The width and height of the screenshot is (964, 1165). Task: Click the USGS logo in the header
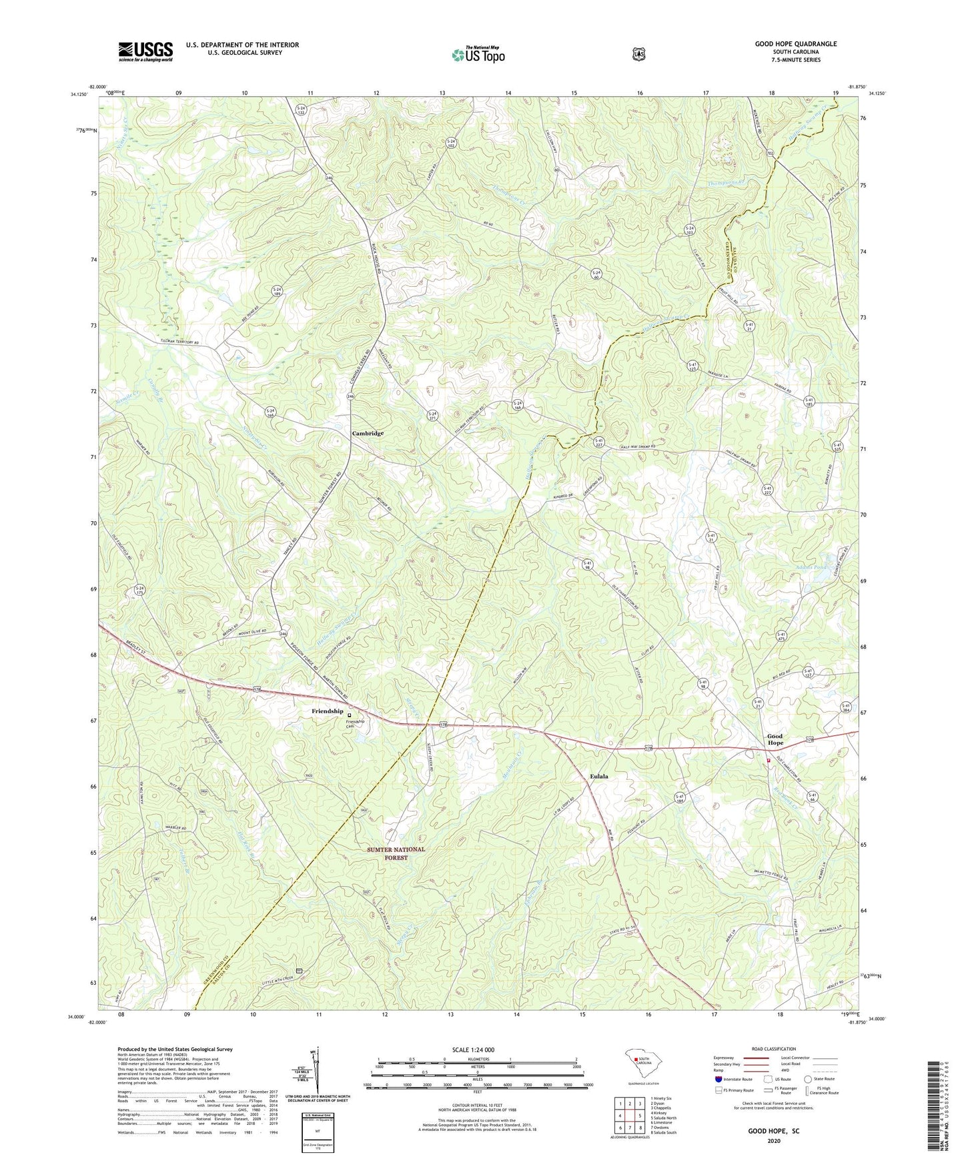point(145,51)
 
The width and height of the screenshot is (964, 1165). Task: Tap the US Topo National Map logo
point(476,55)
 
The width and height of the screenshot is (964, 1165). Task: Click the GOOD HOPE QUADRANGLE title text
point(795,44)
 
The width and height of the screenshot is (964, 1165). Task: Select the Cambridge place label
point(368,434)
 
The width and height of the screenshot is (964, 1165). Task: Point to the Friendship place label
point(327,711)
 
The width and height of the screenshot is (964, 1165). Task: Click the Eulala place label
point(598,777)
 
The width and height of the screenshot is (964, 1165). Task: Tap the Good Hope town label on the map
point(775,739)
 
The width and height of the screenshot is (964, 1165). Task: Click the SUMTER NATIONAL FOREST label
point(396,853)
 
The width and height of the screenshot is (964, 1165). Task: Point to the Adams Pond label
point(811,568)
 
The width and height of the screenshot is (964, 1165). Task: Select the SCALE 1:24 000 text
point(473,1050)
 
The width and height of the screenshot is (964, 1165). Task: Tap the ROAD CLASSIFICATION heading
point(773,1049)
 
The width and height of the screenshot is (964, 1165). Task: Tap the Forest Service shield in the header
point(638,54)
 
